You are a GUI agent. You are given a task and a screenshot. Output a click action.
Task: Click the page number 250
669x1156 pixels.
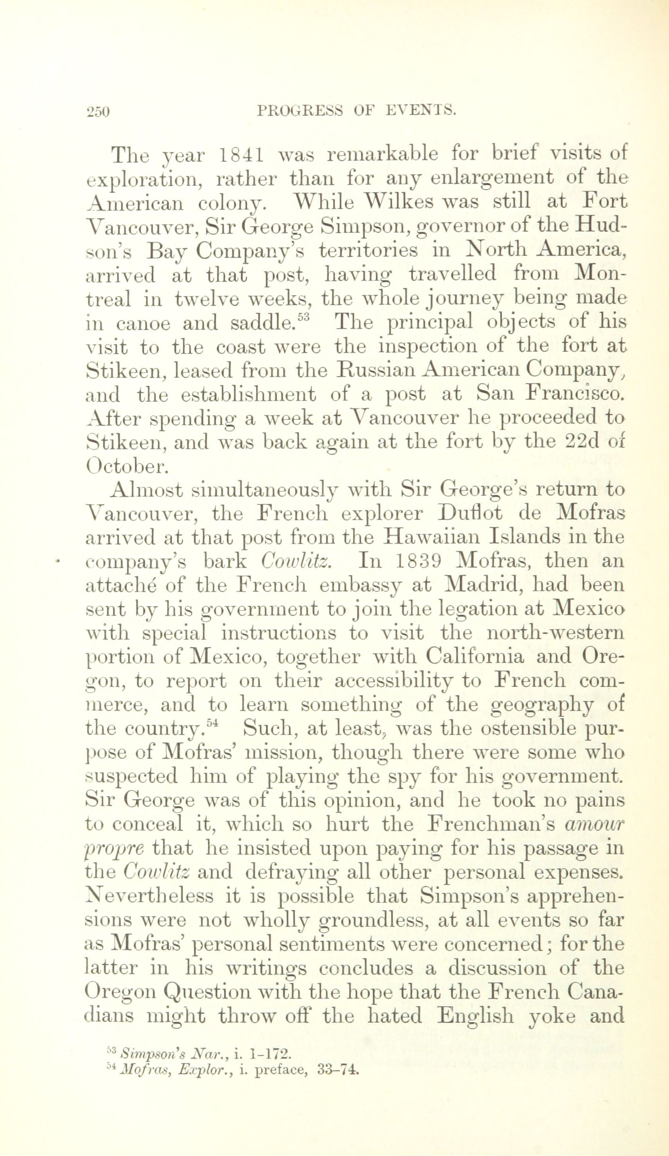[x=98, y=112]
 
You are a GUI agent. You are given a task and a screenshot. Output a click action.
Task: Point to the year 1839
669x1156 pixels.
[x=418, y=561]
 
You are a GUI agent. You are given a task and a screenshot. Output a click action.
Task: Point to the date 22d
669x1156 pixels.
[x=586, y=442]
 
